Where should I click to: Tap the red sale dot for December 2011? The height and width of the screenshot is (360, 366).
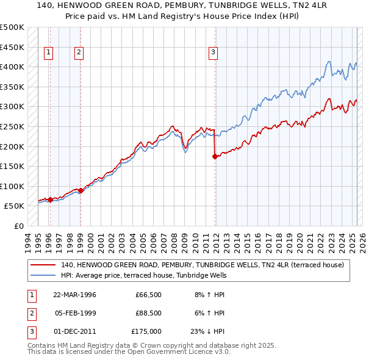[215, 156]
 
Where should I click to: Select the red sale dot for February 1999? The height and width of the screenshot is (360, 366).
[81, 190]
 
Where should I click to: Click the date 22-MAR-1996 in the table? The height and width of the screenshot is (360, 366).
[75, 295]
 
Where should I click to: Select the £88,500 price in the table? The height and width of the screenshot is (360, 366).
[148, 313]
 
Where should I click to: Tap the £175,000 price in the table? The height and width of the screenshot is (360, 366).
[146, 331]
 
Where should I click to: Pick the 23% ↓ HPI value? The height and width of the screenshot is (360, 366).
[208, 331]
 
